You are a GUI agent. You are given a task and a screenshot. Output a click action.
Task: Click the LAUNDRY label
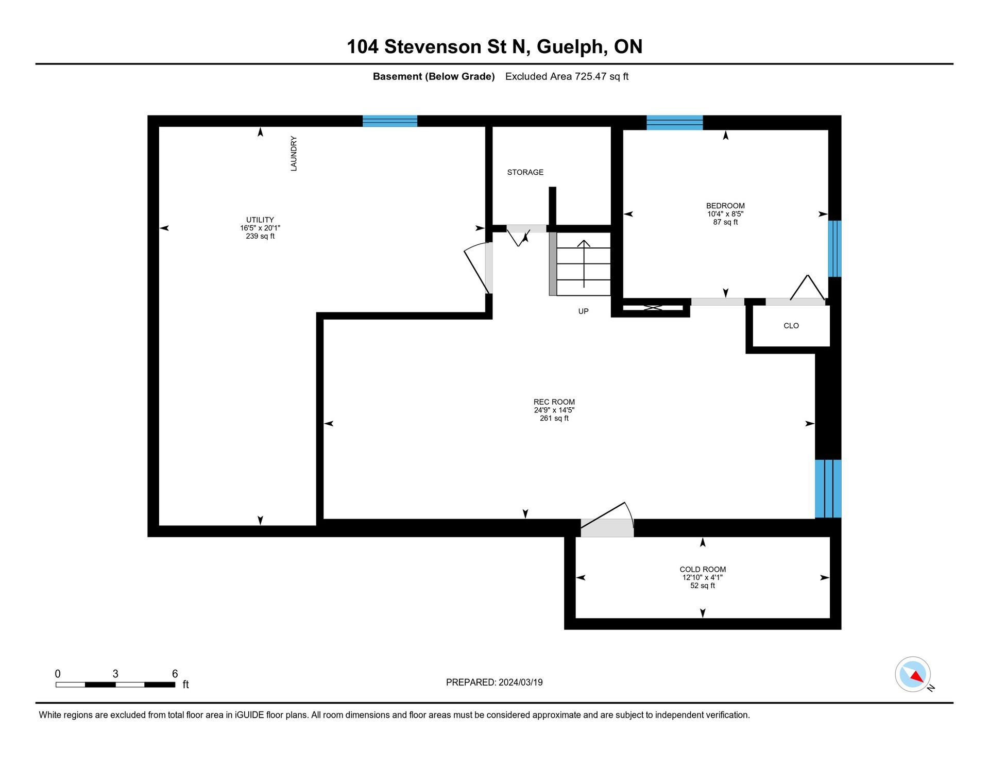pos(294,153)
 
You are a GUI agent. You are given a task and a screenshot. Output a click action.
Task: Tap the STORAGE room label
pos(525,172)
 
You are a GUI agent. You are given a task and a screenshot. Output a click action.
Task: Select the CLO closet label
pos(791,326)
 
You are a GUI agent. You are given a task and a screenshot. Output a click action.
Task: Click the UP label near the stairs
pos(583,311)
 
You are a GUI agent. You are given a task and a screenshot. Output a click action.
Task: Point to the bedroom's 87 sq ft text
pos(725,222)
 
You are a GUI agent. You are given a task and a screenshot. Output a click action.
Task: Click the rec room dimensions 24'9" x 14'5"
pos(554,410)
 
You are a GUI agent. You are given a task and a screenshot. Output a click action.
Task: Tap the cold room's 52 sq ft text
pos(703,586)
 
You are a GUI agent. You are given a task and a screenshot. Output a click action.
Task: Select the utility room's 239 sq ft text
pos(260,236)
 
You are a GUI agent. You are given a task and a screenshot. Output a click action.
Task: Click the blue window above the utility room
pos(390,121)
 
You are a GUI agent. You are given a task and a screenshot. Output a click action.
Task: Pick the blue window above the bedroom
pos(675,123)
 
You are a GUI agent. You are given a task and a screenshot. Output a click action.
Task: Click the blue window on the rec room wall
pos(828,489)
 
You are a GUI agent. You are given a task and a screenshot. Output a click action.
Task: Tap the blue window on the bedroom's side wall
pos(834,249)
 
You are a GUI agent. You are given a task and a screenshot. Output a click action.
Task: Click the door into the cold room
pos(607,521)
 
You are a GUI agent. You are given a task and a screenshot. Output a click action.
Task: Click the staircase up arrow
pos(584,263)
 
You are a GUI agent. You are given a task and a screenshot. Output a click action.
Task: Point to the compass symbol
pos(913,674)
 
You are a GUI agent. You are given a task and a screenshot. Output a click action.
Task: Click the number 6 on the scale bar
pos(175,674)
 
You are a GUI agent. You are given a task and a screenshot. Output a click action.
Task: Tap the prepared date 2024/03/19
pos(520,683)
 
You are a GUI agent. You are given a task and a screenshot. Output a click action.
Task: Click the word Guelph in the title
pos(569,47)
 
